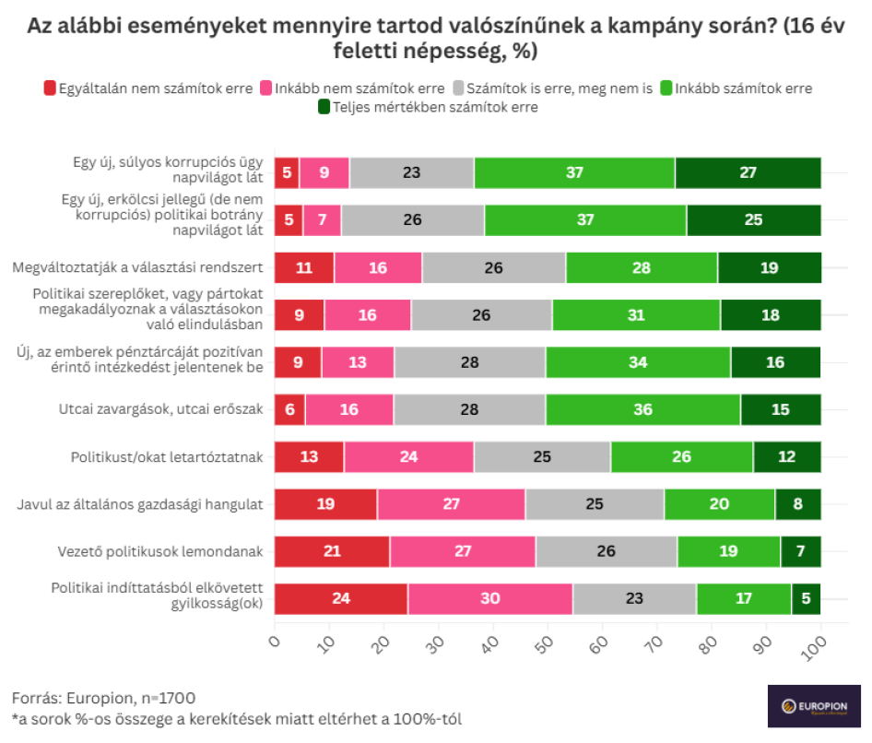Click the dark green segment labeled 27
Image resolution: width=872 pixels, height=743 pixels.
coord(748,172)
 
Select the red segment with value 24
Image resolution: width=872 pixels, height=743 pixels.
coord(341,598)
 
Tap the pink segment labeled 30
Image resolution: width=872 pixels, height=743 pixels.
coord(489,598)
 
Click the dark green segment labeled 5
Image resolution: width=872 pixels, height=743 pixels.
coord(806,598)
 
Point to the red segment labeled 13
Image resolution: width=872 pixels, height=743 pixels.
coord(309,456)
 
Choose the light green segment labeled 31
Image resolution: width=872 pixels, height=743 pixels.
coord(636,314)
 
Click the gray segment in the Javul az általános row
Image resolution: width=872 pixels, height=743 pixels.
coord(595,504)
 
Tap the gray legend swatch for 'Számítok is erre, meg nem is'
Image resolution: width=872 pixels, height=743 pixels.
coord(459,88)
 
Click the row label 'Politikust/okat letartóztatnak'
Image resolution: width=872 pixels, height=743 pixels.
coord(168,456)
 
